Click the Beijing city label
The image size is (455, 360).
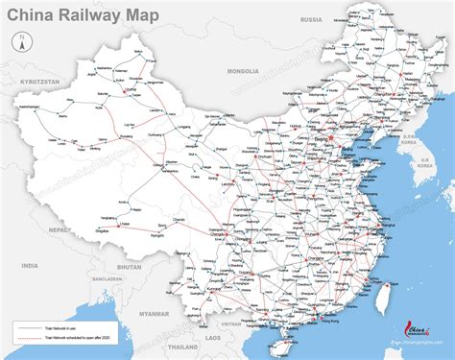click(320, 140)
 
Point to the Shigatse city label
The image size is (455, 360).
click(105, 231)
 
